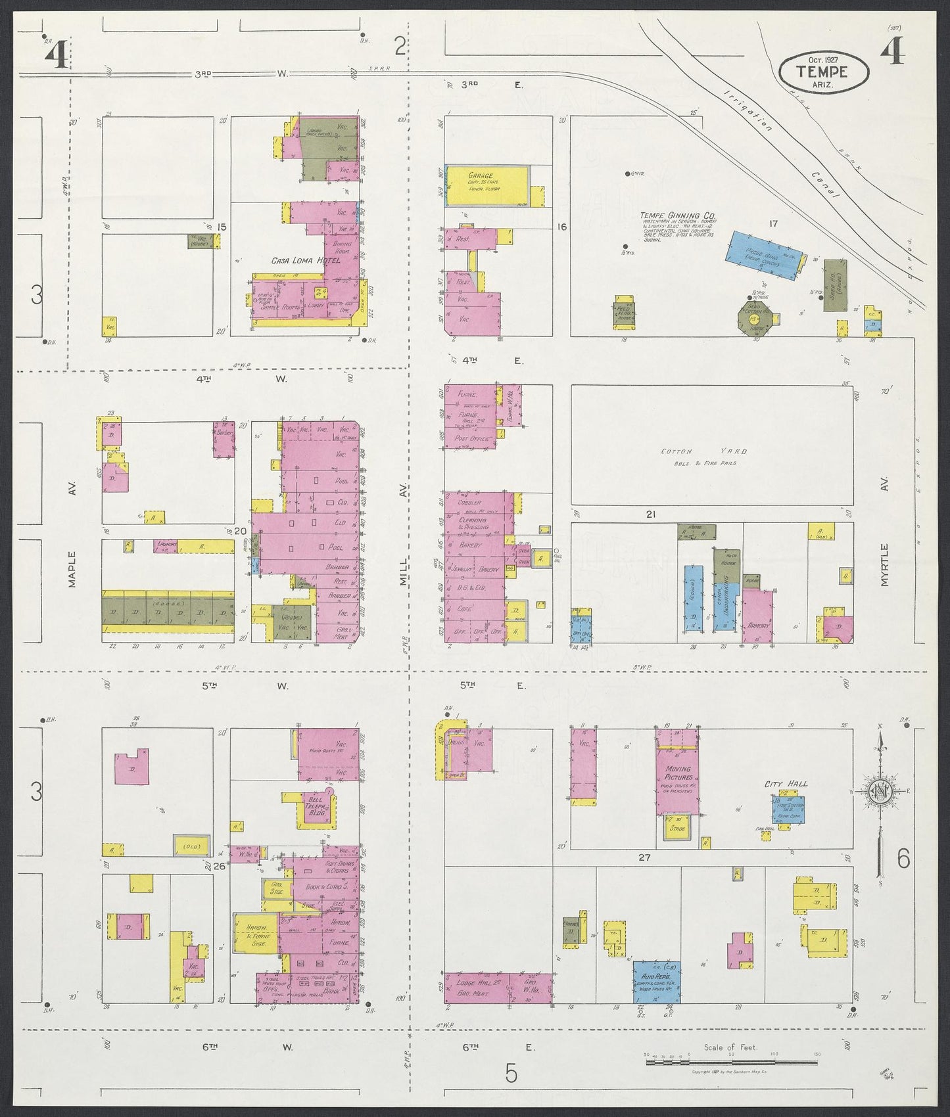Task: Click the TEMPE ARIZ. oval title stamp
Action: coord(823,71)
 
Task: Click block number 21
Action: coord(650,514)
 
